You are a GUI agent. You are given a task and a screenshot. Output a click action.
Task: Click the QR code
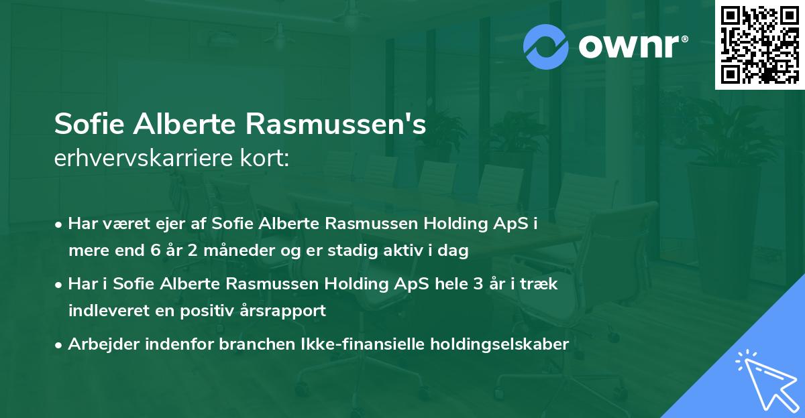tap(759, 45)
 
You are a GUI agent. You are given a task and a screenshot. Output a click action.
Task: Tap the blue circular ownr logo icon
tap(546, 46)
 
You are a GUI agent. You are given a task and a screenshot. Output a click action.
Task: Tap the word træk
tap(541, 284)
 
